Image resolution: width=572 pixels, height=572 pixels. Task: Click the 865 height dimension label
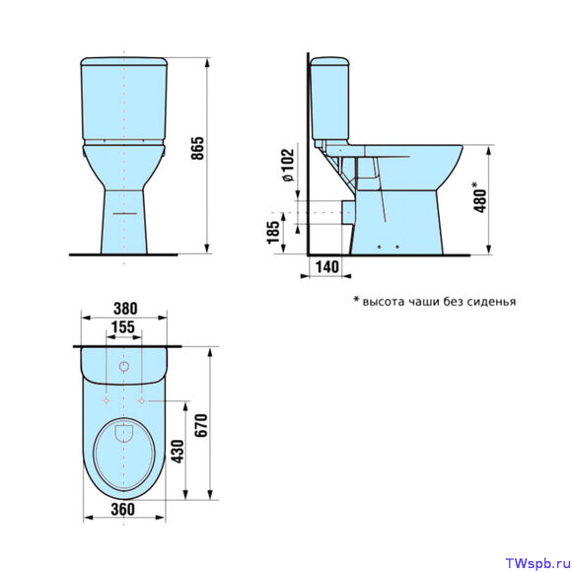tap(198, 148)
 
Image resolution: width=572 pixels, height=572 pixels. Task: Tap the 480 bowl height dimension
tap(480, 197)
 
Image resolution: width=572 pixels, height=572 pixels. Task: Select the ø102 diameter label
tap(288, 165)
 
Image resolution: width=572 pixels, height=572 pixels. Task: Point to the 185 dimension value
tap(273, 233)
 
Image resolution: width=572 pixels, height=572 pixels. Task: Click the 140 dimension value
tap(326, 266)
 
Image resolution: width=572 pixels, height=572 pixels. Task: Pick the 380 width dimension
tap(125, 309)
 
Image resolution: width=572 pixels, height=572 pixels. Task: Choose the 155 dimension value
tap(123, 327)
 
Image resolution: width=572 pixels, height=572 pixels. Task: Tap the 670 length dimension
tap(201, 425)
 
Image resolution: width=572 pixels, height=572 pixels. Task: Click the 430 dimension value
tap(179, 452)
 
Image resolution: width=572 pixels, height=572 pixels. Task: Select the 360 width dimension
tap(123, 509)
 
